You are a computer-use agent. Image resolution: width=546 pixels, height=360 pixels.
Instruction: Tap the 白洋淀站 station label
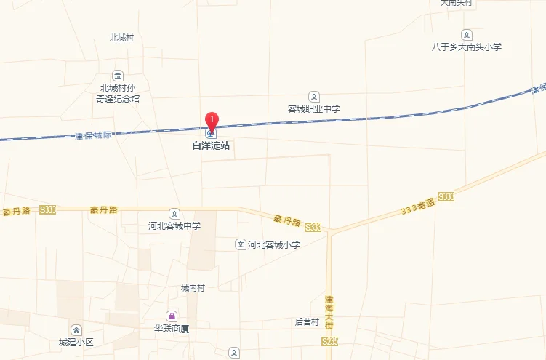211,145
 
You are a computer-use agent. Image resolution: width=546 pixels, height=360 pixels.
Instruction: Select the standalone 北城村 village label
121,38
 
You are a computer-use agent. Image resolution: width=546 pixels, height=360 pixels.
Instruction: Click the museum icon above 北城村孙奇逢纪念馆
118,76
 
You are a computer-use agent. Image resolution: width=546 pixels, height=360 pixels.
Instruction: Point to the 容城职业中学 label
314,109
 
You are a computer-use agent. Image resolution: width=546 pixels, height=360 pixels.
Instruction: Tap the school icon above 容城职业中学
314,96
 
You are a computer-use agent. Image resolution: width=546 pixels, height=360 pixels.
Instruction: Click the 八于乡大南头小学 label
467,47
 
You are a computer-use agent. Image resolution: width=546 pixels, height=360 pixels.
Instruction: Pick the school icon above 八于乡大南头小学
467,34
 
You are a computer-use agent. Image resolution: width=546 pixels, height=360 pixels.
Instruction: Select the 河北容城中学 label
174,226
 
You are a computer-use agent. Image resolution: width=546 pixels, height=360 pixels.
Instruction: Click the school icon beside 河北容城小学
240,244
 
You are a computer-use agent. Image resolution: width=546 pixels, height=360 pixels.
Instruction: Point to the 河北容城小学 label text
274,245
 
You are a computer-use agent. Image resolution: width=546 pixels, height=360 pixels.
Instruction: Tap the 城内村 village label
193,288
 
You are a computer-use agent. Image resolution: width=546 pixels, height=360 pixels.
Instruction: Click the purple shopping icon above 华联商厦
172,316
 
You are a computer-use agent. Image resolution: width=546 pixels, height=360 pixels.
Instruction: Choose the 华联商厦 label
172,329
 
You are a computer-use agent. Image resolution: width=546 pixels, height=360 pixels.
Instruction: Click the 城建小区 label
76,342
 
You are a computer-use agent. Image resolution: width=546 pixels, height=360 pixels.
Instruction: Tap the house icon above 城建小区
76,329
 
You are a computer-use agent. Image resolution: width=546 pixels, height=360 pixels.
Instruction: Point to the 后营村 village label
307,321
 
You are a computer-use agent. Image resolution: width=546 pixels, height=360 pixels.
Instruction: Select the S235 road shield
329,340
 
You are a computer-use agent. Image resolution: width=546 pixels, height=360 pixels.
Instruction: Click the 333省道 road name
417,206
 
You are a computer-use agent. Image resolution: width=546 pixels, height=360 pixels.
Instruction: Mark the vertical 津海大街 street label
329,313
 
